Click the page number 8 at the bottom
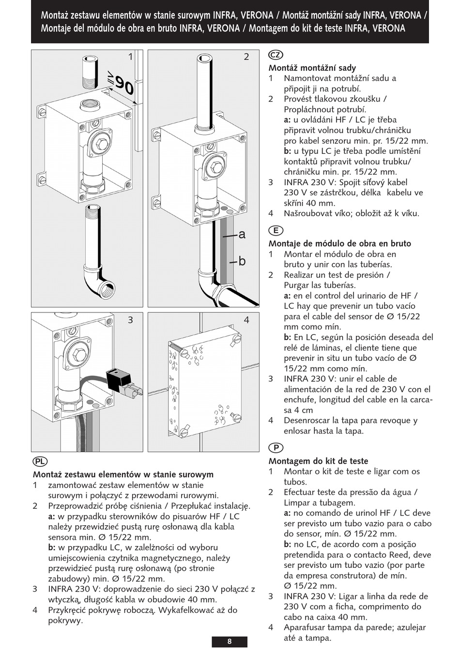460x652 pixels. pyautogui.click(x=230, y=641)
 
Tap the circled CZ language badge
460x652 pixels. pyautogui.click(x=276, y=55)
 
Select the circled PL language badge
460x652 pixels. pyautogui.click(x=40, y=461)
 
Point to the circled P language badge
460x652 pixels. pyautogui.click(x=276, y=448)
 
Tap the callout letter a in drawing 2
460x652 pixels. pyautogui.click(x=242, y=235)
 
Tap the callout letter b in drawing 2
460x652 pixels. pyautogui.click(x=242, y=261)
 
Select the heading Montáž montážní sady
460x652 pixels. pyautogui.click(x=312, y=68)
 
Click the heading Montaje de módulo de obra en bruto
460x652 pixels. pyautogui.click(x=340, y=244)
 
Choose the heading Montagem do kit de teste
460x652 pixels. pyautogui.click(x=318, y=461)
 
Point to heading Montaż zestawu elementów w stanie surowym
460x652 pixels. pyautogui.click(x=123, y=474)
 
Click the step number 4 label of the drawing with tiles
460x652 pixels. pyautogui.click(x=246, y=320)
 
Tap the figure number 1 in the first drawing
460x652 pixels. pyautogui.click(x=130, y=57)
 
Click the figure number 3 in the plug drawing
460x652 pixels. pyautogui.click(x=130, y=320)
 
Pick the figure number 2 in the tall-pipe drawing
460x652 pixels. pyautogui.click(x=246, y=57)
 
